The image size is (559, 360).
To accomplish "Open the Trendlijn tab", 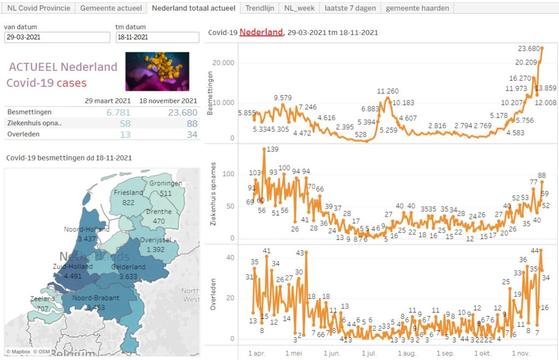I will click(259, 8).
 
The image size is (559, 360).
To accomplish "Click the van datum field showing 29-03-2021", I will click(57, 38).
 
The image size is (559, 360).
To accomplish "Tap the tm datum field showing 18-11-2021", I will click(157, 38).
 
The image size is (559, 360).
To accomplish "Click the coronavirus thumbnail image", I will click(157, 71).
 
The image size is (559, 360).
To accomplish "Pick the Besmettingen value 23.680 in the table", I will click(182, 112).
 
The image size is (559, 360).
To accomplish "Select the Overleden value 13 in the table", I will click(125, 134).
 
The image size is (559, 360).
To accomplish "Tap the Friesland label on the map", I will click(128, 193).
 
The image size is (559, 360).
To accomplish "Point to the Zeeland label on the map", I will click(43, 299).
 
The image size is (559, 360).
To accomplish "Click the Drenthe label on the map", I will click(159, 212).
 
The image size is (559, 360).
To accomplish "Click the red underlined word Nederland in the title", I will click(261, 32).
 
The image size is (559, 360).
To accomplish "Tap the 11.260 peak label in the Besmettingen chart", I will click(388, 92).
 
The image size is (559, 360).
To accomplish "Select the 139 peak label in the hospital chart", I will click(273, 149).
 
